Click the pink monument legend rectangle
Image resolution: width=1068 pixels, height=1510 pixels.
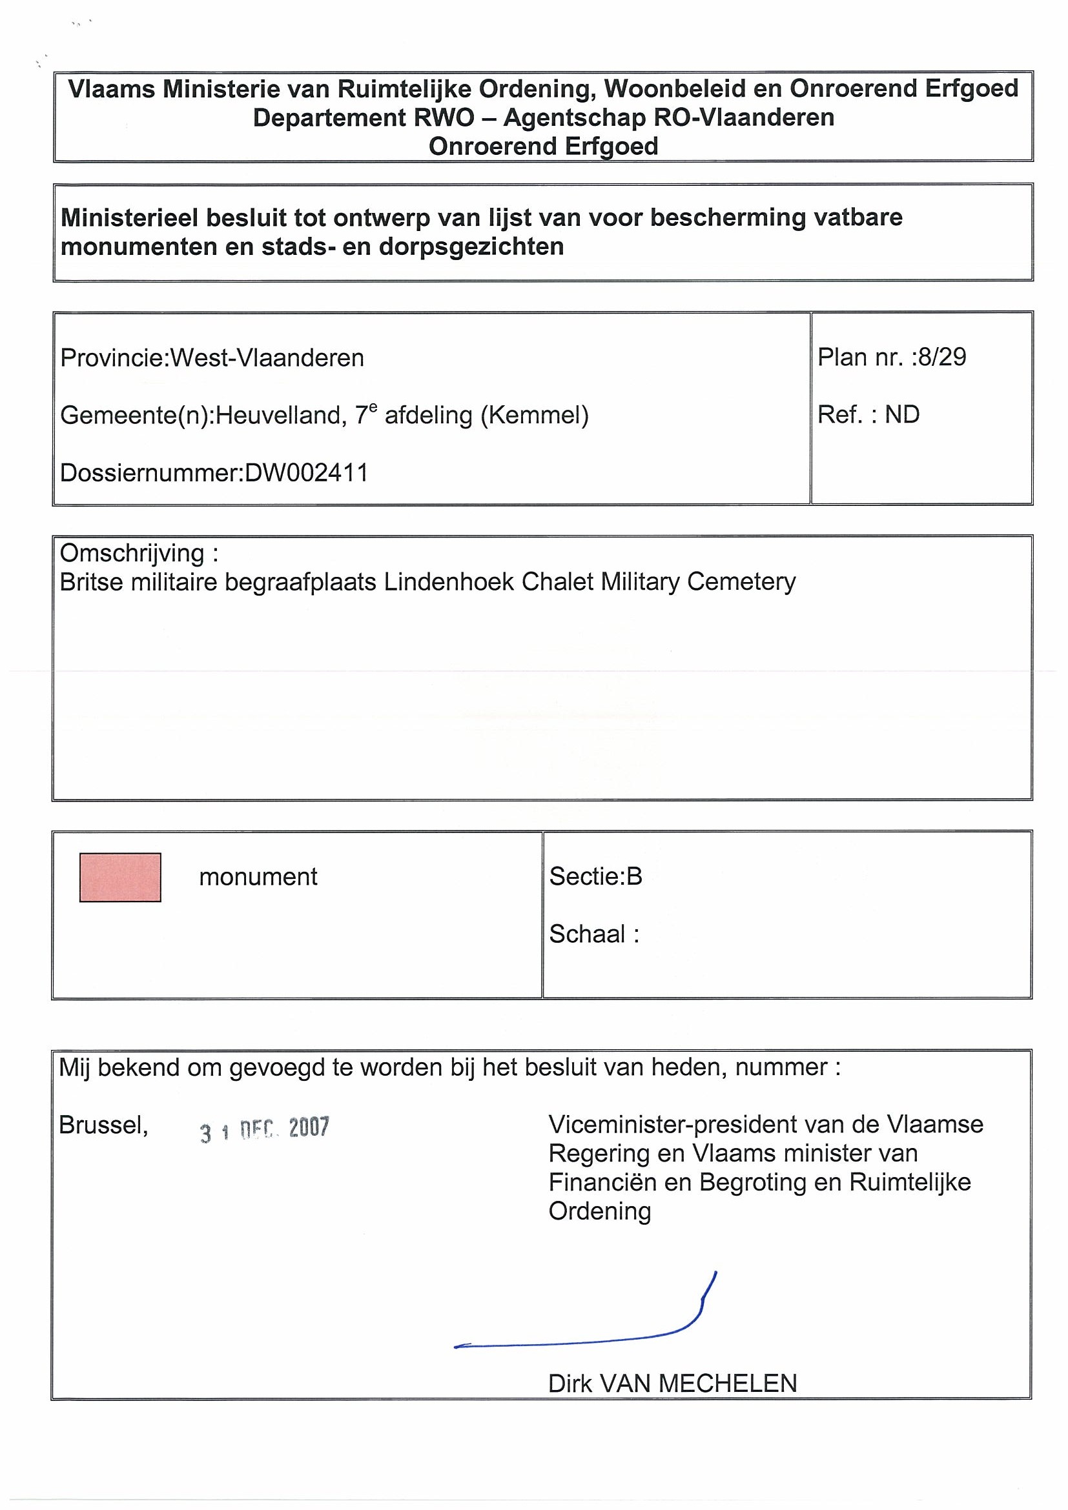point(119,877)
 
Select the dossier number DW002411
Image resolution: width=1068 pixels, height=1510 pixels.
point(306,473)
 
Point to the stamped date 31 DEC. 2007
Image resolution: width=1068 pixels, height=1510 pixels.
point(265,1129)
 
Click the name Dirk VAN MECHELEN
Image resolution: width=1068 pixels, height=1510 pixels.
point(672,1384)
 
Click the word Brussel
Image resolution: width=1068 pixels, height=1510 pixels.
point(103,1125)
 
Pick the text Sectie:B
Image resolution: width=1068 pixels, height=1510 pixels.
point(595,876)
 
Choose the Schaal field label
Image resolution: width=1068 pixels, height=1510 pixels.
point(588,934)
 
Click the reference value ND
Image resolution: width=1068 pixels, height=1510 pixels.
point(901,414)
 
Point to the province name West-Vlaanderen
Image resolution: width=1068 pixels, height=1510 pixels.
point(267,357)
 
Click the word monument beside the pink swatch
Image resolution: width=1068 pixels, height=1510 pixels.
point(258,877)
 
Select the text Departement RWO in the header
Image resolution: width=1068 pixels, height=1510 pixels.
point(364,117)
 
